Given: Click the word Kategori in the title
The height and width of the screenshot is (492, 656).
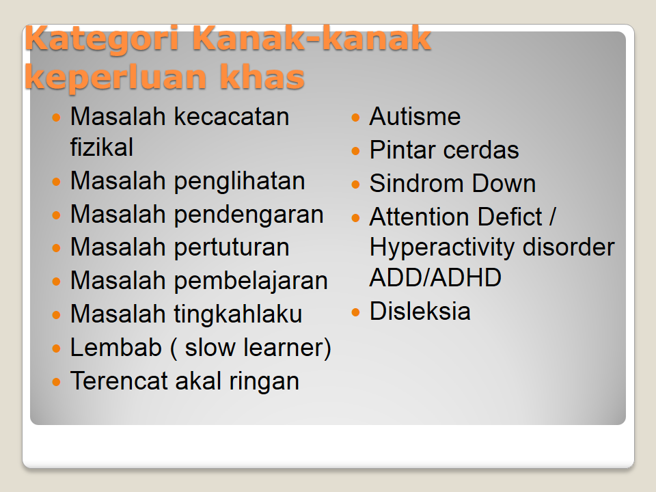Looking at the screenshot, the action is coord(102,40).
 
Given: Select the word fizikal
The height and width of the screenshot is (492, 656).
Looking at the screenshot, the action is coord(102,148).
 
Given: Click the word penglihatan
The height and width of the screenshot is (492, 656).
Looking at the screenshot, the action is coord(239,182).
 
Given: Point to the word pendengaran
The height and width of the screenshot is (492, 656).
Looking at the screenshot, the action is coord(249,215).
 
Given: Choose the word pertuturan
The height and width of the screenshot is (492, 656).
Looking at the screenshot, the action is coord(232,247).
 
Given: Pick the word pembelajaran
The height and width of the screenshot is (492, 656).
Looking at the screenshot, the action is coord(251,281).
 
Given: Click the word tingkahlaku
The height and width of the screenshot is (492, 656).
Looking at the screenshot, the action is coord(238,314).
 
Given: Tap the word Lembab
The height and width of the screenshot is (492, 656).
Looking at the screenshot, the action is coord(116,347).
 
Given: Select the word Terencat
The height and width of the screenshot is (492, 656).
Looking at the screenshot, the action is coord(119,381).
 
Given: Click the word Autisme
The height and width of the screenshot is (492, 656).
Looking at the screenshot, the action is coord(415,116).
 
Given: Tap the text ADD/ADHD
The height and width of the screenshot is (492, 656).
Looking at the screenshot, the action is coord(435,277).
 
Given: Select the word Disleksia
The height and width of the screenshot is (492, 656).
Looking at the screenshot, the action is coord(420,312).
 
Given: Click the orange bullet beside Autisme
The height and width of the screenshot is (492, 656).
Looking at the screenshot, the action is coord(355,117).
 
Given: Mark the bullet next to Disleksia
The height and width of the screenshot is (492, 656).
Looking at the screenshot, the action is coord(355,312).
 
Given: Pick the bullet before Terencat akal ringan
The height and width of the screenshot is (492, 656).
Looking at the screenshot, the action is coord(57,381).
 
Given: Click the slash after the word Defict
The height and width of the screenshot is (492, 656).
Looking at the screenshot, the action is coord(552,217).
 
